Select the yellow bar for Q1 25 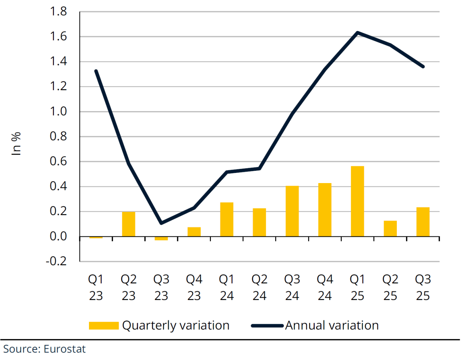tap(357, 201)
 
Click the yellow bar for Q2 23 tap(128, 224)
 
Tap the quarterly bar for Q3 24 tap(292, 211)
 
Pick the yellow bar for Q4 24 tap(325, 210)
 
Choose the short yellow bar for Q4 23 tap(194, 232)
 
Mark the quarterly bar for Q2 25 tap(390, 229)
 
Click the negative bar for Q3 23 tap(161, 238)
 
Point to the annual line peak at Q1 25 tap(357, 33)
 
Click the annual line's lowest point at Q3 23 tap(161, 223)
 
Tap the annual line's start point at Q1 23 tap(96, 71)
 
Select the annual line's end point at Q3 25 tap(423, 67)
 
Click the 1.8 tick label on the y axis tap(58, 12)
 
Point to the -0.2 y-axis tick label tap(56, 261)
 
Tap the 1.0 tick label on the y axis tap(58, 111)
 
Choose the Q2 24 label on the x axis tap(259, 287)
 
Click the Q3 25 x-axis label tap(423, 287)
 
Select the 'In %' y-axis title tap(16, 144)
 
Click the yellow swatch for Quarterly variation tap(104, 326)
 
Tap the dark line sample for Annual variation tap(267, 326)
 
